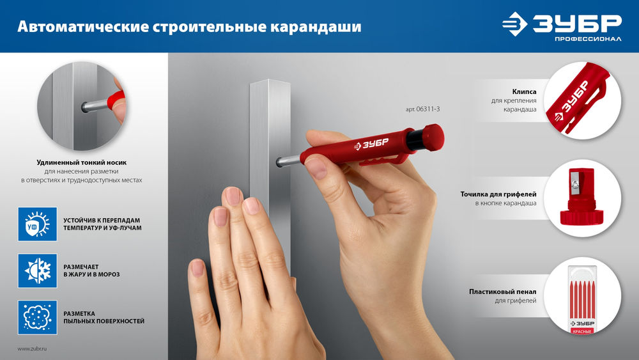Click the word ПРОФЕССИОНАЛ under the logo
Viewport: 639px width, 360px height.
[588, 40]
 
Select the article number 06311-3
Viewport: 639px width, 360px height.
[423, 109]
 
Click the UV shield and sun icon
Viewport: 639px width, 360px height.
[37, 224]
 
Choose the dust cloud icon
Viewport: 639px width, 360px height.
[37, 317]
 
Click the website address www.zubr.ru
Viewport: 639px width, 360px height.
[33, 348]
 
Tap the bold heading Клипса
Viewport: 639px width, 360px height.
[524, 92]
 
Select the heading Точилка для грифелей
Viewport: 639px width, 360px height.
[498, 193]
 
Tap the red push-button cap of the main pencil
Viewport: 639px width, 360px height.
[433, 136]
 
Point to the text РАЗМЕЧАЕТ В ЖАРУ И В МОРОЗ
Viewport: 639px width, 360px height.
[91, 270]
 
